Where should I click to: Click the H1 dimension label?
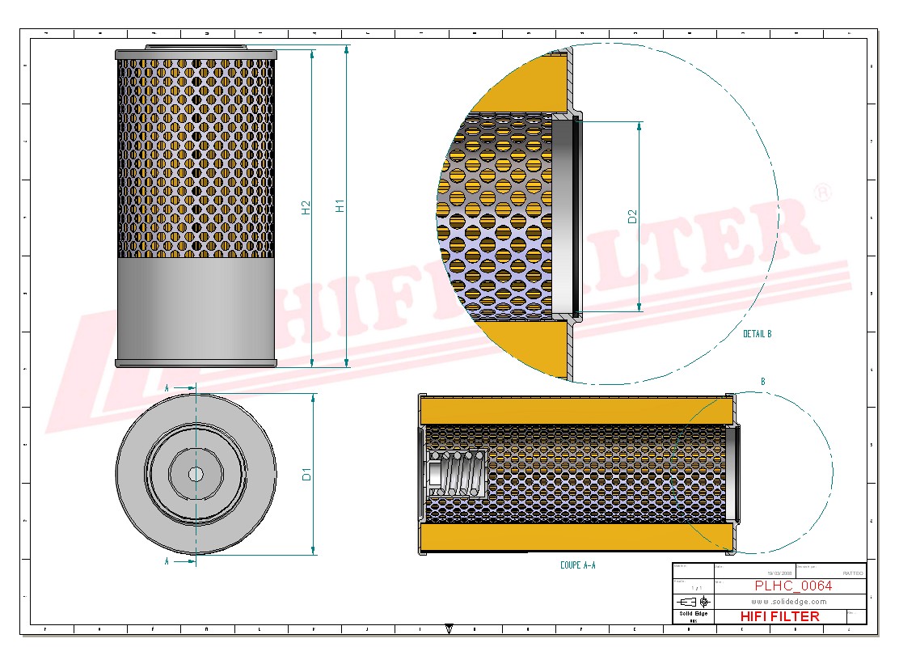pos(340,206)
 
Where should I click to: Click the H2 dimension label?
pos(306,208)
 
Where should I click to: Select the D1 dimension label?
pos(307,475)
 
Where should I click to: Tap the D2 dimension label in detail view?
pos(633,216)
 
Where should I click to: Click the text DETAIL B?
pos(757,333)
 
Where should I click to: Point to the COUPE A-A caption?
pos(577,565)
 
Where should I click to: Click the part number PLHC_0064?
pos(792,586)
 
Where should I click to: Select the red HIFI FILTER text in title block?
pos(779,616)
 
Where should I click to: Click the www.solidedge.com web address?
pos(788,601)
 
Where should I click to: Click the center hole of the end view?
pos(196,474)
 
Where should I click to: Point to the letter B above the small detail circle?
pos(762,381)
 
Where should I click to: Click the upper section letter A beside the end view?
pos(167,388)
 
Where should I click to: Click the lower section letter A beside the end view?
pos(167,560)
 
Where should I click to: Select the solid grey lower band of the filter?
pos(196,307)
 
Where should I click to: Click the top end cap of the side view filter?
pos(196,53)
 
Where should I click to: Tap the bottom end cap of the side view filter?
pos(196,363)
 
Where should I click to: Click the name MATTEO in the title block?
pos(852,573)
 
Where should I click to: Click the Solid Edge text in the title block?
pos(693,614)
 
